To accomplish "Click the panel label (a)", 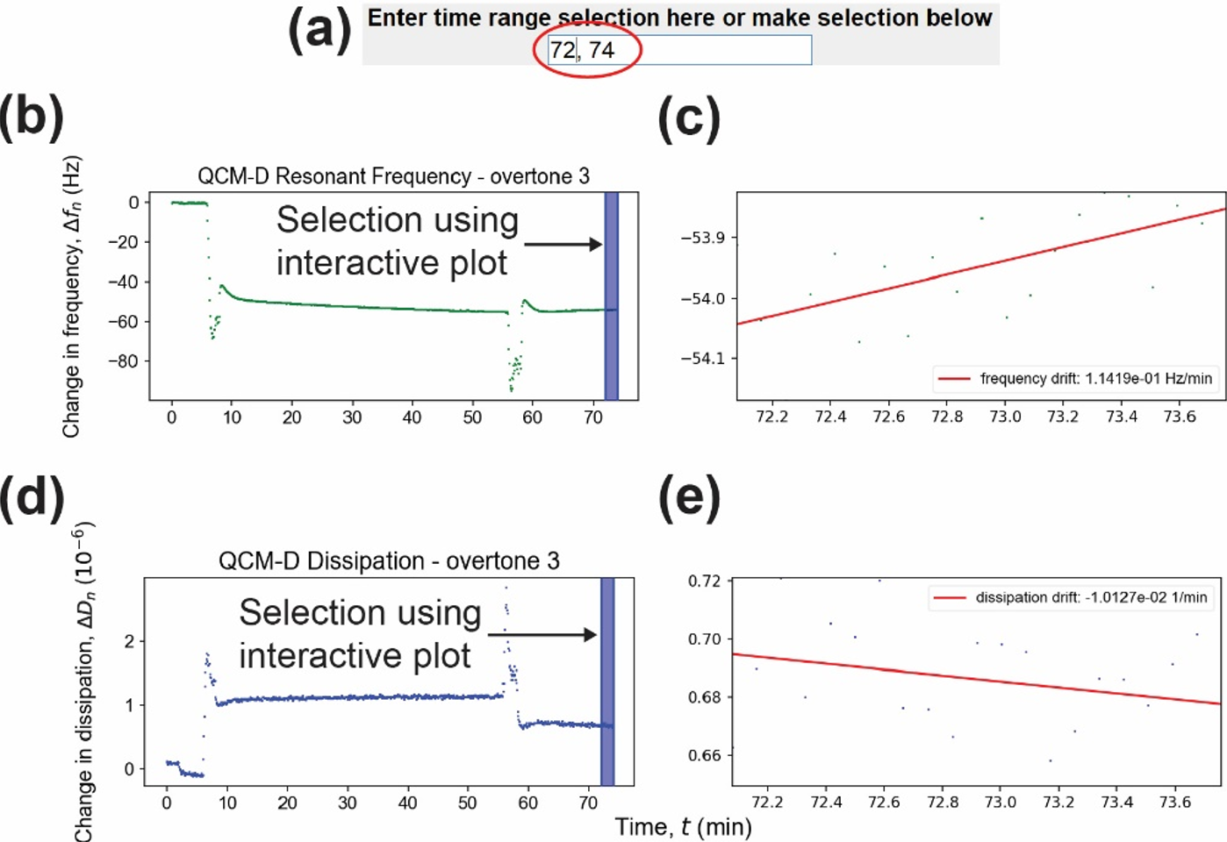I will [319, 31].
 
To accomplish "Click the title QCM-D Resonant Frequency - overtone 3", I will [393, 176].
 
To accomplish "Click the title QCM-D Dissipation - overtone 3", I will [389, 561].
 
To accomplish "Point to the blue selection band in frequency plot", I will [612, 296].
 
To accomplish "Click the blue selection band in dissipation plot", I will [607, 681].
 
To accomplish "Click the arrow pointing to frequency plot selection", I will [563, 244].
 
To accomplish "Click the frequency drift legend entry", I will [1075, 379].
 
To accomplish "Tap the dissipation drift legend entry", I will [1070, 597].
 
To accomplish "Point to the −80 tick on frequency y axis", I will [126, 361].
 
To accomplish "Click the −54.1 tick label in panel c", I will [703, 359].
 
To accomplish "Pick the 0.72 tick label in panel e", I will [704, 581].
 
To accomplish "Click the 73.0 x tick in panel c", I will [1005, 417].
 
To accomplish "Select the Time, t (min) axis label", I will [683, 827].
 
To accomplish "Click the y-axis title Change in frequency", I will [72, 296].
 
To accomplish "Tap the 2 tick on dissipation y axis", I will [130, 641].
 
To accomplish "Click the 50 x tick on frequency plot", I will [472, 417].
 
